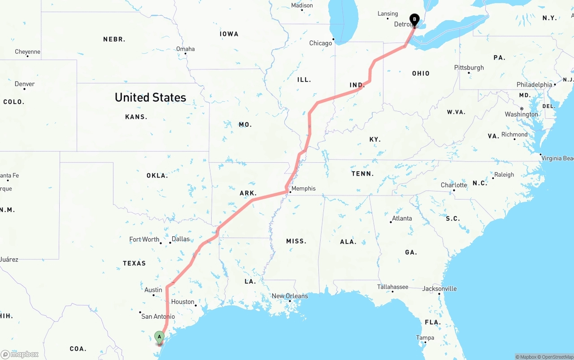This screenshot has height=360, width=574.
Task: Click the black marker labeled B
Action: click(414, 20)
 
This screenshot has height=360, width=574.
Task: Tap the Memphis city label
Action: click(304, 189)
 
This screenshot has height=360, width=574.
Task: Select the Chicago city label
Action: click(321, 43)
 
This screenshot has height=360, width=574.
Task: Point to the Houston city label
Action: click(183, 302)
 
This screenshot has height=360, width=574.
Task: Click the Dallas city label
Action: click(181, 239)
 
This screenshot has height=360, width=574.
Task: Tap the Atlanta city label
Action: click(402, 219)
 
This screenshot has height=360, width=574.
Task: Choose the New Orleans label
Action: click(290, 296)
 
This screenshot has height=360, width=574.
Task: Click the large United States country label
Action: click(150, 97)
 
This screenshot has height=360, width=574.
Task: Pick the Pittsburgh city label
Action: click(469, 68)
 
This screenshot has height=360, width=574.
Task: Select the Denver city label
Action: click(25, 84)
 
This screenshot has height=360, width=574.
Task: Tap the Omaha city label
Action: click(185, 49)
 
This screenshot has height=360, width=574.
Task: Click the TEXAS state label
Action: click(135, 263)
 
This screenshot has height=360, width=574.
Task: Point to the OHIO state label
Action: click(421, 74)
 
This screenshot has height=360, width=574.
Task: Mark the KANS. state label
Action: click(136, 117)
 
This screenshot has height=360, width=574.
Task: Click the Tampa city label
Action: click(425, 338)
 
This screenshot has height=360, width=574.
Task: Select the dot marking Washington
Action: click(522, 109)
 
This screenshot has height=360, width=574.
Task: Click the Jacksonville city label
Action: click(439, 289)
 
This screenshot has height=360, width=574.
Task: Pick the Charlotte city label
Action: click(454, 185)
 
